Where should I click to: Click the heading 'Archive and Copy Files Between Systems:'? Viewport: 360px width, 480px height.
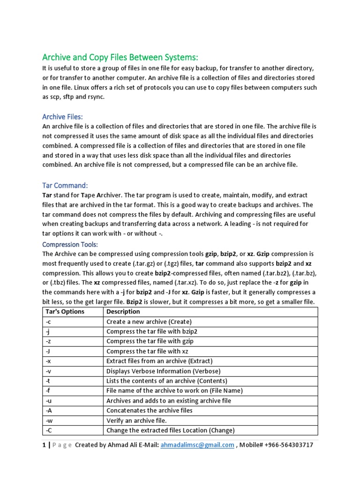(120, 57)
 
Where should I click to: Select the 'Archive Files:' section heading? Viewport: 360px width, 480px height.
(62, 116)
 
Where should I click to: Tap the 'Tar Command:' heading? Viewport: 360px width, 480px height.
(65, 186)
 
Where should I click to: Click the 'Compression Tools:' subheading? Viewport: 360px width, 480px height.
(70, 244)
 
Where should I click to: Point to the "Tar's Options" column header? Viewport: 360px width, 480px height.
(65, 312)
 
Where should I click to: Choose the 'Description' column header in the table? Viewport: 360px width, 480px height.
(123, 312)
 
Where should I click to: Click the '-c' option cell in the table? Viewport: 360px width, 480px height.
(49, 322)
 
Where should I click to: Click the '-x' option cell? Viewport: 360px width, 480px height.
(49, 361)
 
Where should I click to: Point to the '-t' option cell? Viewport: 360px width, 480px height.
(48, 381)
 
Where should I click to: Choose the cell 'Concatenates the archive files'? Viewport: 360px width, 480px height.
(150, 410)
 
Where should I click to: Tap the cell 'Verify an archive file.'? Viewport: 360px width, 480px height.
(136, 420)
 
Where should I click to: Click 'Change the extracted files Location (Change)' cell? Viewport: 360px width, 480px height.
(171, 430)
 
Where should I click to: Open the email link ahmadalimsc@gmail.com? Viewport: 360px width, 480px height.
(197, 445)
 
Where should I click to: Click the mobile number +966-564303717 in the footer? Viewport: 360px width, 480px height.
(283, 445)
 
